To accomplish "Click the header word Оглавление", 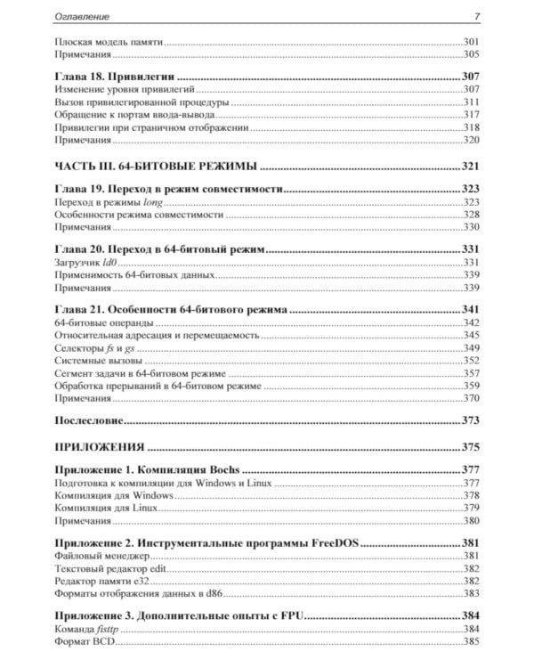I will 82,16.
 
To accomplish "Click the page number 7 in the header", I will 477,16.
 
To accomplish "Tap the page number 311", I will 471,102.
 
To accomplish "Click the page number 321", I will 470,166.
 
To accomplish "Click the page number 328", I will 471,216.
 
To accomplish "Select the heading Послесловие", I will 88,420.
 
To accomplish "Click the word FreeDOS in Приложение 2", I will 340,543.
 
